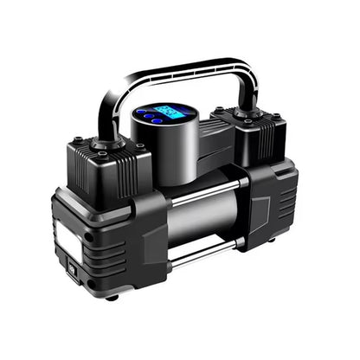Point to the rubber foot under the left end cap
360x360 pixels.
[111, 297]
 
